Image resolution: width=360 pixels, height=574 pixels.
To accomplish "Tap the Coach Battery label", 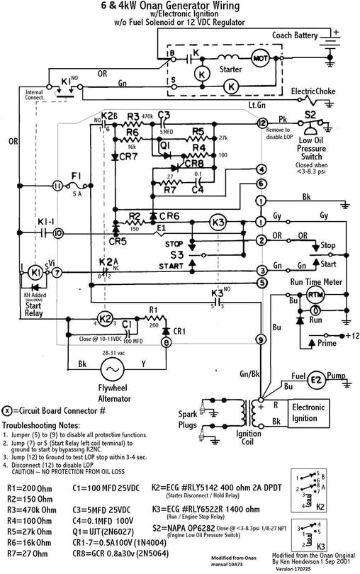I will coord(302,35).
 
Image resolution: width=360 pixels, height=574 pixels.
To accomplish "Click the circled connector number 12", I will coord(261,123).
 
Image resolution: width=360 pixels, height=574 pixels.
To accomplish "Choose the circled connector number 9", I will coord(261,340).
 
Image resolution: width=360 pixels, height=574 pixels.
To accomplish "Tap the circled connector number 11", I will coord(57,186).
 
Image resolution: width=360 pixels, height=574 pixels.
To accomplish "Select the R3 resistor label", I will coord(133,116).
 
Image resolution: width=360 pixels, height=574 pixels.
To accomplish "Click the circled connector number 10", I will coord(57,232).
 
